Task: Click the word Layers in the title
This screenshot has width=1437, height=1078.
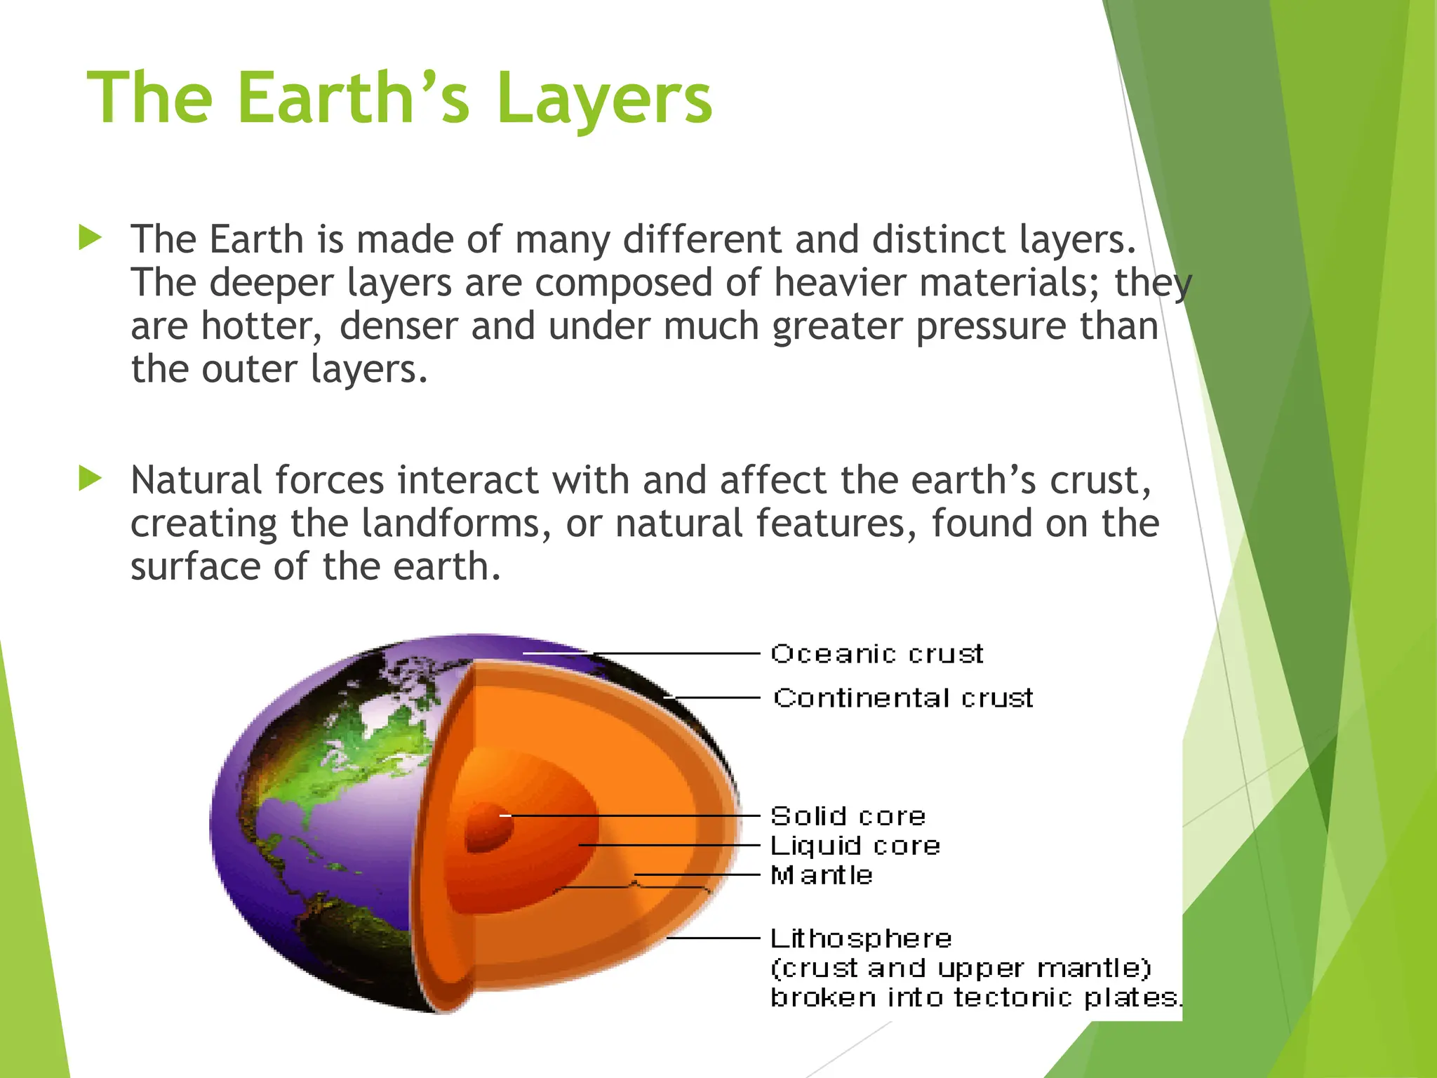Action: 604,100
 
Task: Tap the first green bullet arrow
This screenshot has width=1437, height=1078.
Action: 91,238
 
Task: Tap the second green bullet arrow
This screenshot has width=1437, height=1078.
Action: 91,479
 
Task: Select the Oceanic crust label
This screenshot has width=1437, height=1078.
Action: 877,654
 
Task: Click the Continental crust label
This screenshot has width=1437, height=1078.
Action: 903,698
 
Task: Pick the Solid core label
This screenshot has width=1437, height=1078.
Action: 848,816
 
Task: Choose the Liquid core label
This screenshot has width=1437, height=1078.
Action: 855,846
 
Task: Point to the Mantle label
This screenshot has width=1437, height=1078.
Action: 822,875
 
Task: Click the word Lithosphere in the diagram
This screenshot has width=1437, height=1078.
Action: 861,938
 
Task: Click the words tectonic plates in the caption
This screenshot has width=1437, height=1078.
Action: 1066,997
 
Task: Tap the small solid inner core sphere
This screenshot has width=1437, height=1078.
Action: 488,827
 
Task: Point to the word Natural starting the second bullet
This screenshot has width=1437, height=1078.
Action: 196,481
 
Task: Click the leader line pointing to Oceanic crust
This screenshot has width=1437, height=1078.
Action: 674,653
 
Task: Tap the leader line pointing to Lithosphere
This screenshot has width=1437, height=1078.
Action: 712,938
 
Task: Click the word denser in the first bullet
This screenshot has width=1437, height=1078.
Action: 398,327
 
